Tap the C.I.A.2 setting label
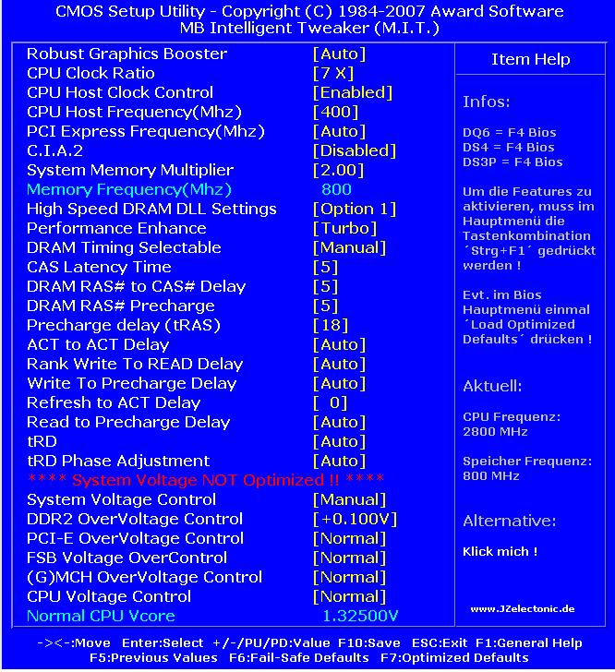coord(54,150)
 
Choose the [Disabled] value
coord(355,150)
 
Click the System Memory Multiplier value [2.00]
coord(339,170)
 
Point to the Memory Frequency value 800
coord(336,189)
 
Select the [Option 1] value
coord(355,209)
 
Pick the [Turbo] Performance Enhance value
coord(345,228)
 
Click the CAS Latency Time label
coord(99,267)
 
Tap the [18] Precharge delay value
coord(331,325)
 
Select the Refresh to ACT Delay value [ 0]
coord(331,402)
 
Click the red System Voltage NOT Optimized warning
coord(206,480)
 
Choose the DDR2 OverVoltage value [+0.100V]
coord(355,519)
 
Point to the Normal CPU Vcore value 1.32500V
coord(360,616)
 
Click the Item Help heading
coord(530,59)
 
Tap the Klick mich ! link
coord(500,551)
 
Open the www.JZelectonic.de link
coord(522,608)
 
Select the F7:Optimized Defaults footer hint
coord(452,658)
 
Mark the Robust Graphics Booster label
coord(127,54)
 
